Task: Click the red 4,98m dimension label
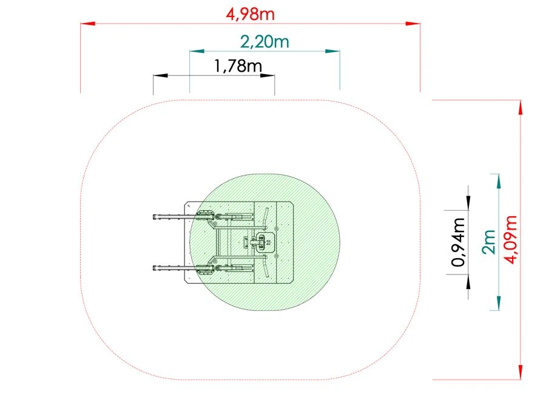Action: [250, 15]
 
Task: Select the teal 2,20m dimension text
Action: [265, 42]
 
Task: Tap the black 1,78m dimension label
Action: [238, 66]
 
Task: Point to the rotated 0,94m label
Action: [458, 242]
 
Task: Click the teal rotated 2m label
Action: [489, 242]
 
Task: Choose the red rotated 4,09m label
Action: [511, 239]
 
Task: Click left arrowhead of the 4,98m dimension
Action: [88, 24]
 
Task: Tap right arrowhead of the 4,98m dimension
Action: [413, 24]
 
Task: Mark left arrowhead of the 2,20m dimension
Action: [197, 51]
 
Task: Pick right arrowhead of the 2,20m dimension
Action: [332, 51]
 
